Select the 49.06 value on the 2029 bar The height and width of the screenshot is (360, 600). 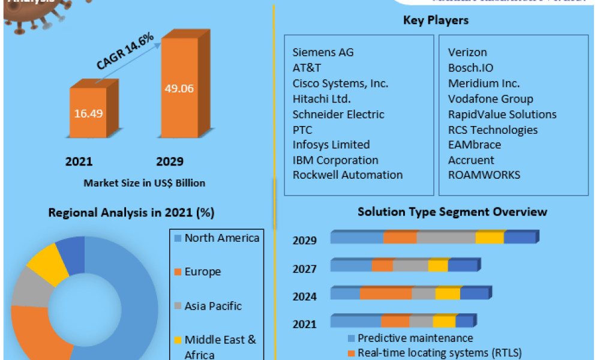click(179, 88)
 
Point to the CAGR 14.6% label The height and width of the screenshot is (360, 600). click(125, 52)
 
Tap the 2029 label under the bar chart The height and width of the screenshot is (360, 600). click(170, 161)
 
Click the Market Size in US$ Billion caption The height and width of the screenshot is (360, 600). click(144, 183)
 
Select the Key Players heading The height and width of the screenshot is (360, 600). click(436, 20)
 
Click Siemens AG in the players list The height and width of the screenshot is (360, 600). click(323, 52)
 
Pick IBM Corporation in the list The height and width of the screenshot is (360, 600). click(335, 160)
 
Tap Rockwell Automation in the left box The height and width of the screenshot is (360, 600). click(347, 175)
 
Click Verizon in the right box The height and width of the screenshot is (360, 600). click(467, 52)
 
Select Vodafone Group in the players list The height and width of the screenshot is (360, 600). click(490, 98)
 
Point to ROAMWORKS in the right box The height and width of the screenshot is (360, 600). click(484, 175)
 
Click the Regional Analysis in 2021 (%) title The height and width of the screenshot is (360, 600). click(131, 212)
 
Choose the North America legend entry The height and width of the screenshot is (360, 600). click(221, 238)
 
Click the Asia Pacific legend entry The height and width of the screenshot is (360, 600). click(212, 306)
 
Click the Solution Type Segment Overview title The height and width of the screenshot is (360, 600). click(452, 212)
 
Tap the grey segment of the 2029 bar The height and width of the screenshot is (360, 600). click(446, 238)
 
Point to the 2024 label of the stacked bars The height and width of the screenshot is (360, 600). click(305, 296)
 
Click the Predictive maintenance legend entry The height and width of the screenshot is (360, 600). click(415, 338)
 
